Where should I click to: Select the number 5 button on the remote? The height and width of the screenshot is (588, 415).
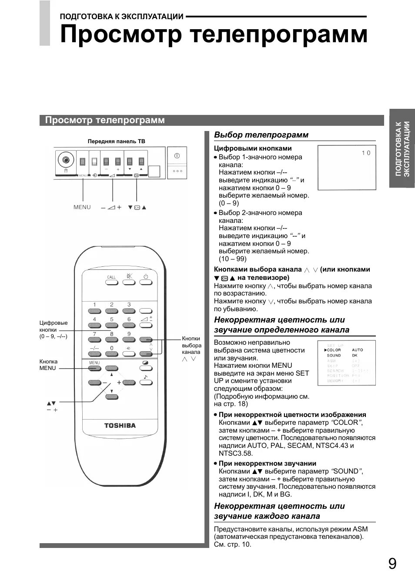click(x=112, y=325)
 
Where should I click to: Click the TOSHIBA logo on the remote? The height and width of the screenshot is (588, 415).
click(x=120, y=425)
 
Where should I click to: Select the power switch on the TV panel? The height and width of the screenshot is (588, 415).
click(x=177, y=156)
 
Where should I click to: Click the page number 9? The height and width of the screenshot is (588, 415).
click(x=392, y=564)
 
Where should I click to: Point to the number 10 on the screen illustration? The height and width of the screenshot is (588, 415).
click(x=366, y=153)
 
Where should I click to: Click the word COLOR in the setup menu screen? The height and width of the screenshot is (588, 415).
click(x=334, y=350)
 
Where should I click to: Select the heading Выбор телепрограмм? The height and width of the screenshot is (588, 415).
click(x=261, y=135)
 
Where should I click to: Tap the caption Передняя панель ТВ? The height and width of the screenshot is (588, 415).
click(x=116, y=141)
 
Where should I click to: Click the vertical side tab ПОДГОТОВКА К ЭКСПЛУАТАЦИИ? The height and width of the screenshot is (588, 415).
click(x=402, y=148)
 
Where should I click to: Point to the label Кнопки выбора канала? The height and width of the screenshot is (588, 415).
click(x=191, y=345)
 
